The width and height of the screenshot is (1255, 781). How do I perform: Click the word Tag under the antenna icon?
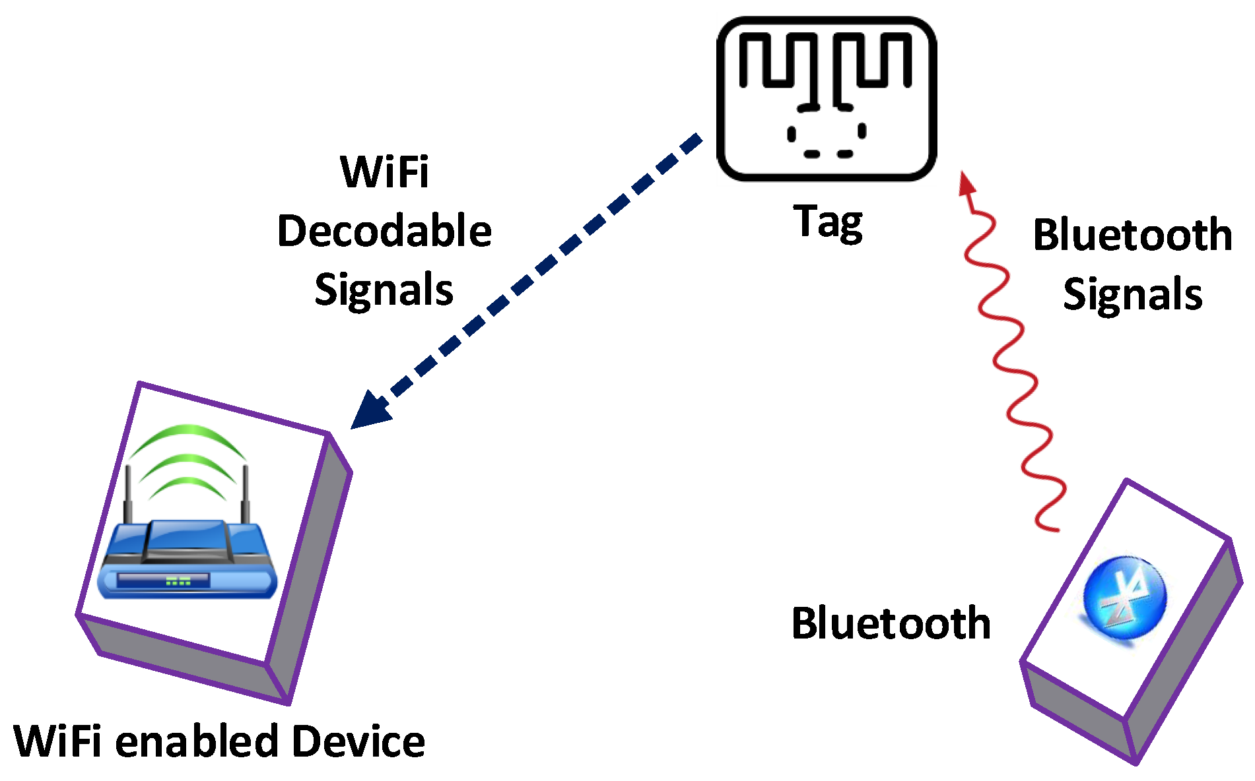click(828, 222)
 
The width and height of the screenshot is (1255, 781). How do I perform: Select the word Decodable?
click(384, 232)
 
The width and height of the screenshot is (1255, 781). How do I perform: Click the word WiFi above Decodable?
click(384, 172)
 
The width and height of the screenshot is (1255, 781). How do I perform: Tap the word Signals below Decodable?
click(384, 290)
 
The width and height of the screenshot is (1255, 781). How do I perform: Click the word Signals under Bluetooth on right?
click(1132, 294)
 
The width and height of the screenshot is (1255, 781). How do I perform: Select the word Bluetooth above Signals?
click(1132, 235)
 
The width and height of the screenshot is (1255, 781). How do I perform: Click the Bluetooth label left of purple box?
click(891, 623)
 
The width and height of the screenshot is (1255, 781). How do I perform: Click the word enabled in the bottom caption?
click(196, 741)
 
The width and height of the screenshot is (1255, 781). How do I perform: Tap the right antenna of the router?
click(246, 495)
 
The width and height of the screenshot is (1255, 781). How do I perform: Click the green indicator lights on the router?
click(178, 581)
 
